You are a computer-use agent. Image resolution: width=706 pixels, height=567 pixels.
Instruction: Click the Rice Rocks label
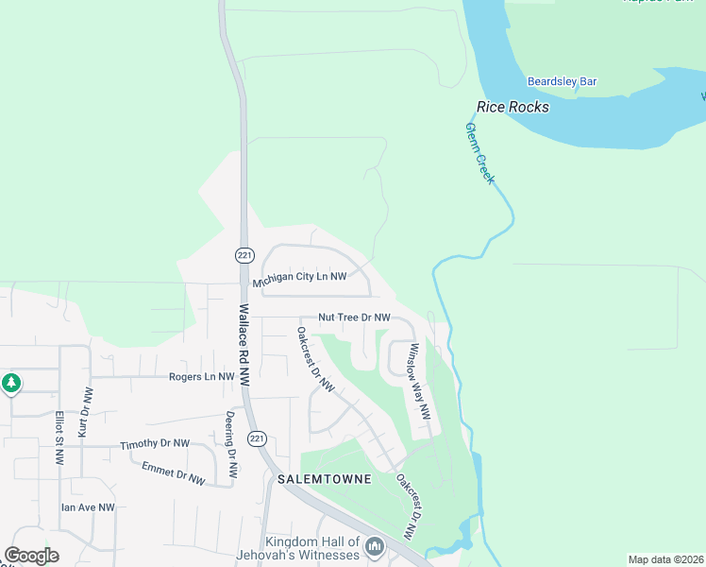513,107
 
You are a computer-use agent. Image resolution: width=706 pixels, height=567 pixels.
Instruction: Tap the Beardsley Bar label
562,82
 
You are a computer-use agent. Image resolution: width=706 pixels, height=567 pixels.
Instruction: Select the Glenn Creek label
479,152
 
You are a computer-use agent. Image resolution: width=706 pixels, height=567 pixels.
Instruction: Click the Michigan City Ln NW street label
299,279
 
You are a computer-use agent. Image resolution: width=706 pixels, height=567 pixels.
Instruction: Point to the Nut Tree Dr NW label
354,318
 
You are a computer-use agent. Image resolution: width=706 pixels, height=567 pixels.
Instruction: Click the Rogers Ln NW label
201,376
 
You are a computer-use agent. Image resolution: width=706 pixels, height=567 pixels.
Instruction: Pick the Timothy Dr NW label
155,444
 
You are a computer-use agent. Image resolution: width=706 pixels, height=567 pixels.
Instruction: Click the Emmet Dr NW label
173,472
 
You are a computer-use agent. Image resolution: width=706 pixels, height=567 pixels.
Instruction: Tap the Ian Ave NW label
88,507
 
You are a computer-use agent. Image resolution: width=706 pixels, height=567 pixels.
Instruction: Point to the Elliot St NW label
59,437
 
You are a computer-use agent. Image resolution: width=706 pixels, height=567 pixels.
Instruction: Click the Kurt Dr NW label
85,411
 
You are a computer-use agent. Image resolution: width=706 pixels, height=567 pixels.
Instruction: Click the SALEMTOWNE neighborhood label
325,479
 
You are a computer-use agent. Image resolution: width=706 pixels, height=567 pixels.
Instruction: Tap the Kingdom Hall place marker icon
375,546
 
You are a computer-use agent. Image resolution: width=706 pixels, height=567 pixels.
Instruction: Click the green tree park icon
10,384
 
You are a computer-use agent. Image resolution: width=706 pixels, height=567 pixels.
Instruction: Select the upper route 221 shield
244,255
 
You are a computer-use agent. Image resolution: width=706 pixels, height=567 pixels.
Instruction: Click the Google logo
31,556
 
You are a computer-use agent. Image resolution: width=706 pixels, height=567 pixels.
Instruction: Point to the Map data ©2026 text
664,559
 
